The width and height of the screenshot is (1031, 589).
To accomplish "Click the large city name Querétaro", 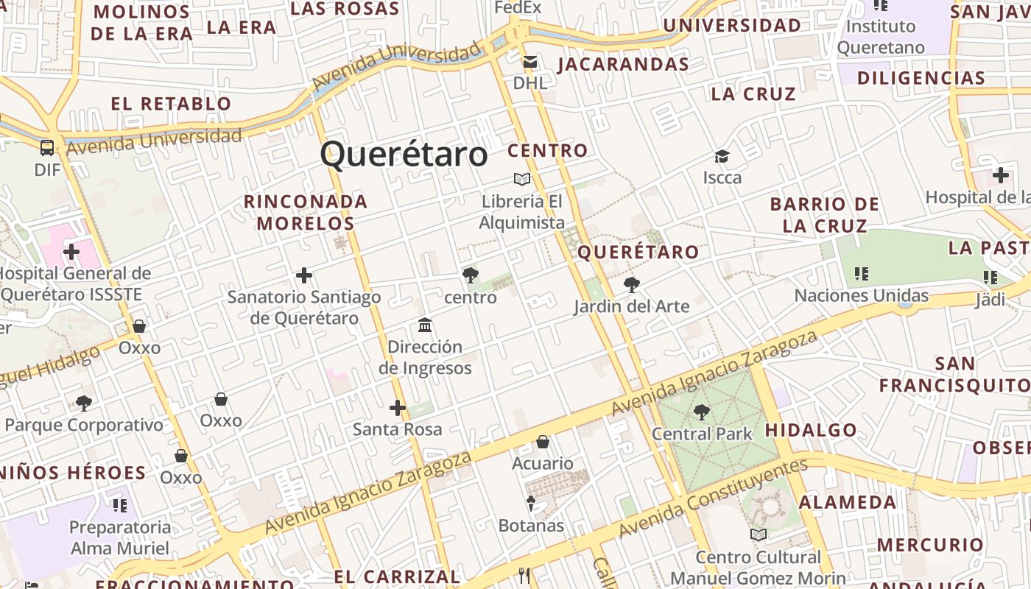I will pyautogui.click(x=404, y=155).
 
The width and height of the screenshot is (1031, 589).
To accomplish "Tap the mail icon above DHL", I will pyautogui.click(x=530, y=62).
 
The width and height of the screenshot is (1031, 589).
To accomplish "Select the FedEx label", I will pyautogui.click(x=518, y=7).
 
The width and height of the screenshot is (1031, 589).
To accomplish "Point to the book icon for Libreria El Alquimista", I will pyautogui.click(x=522, y=179).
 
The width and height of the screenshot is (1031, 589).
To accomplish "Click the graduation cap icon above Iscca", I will pyautogui.click(x=722, y=156).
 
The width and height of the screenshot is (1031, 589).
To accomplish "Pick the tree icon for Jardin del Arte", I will pyautogui.click(x=631, y=285).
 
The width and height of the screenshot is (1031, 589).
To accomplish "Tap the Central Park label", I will pyautogui.click(x=702, y=434).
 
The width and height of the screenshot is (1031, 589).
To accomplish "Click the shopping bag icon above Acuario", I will pyautogui.click(x=543, y=442).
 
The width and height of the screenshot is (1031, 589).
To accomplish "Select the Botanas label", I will pyautogui.click(x=531, y=526).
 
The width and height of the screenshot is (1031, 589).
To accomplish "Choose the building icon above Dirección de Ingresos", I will pyautogui.click(x=425, y=325).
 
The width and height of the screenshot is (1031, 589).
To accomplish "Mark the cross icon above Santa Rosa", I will pyautogui.click(x=398, y=408).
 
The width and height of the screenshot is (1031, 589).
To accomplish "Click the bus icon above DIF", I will pyautogui.click(x=47, y=148).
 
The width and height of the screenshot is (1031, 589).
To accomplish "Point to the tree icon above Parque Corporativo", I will pyautogui.click(x=84, y=403).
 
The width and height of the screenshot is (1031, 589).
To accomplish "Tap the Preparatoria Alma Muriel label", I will pyautogui.click(x=120, y=537).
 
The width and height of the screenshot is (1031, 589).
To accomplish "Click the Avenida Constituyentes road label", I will pyautogui.click(x=712, y=498).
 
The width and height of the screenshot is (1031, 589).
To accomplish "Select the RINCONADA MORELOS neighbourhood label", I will pyautogui.click(x=306, y=212).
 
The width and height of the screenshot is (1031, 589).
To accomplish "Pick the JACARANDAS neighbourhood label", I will pyautogui.click(x=623, y=65).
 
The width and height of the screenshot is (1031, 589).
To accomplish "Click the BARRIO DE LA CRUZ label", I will pyautogui.click(x=825, y=215).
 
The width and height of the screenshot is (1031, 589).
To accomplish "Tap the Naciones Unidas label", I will pyautogui.click(x=861, y=296).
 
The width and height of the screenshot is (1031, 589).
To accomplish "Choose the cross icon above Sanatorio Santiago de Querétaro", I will pyautogui.click(x=304, y=276).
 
